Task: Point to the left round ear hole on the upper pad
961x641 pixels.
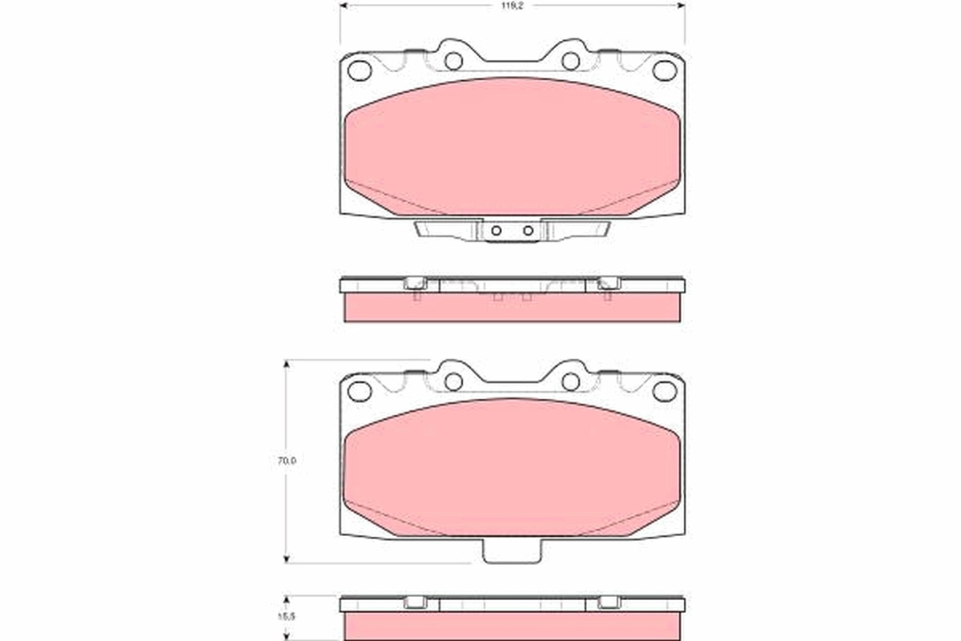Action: pos(453,61)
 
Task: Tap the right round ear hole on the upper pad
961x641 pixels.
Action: pos(570,61)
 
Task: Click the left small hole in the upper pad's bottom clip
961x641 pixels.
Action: pos(496,231)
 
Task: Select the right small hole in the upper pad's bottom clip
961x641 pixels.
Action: pos(528,231)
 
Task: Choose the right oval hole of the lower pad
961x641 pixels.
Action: pos(664,391)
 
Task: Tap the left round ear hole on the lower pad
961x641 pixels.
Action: pos(453,381)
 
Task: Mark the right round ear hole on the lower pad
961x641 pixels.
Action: pos(570,381)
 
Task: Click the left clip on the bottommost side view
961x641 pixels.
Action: pos(416,603)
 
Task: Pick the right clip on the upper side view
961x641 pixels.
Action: pos(609,283)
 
